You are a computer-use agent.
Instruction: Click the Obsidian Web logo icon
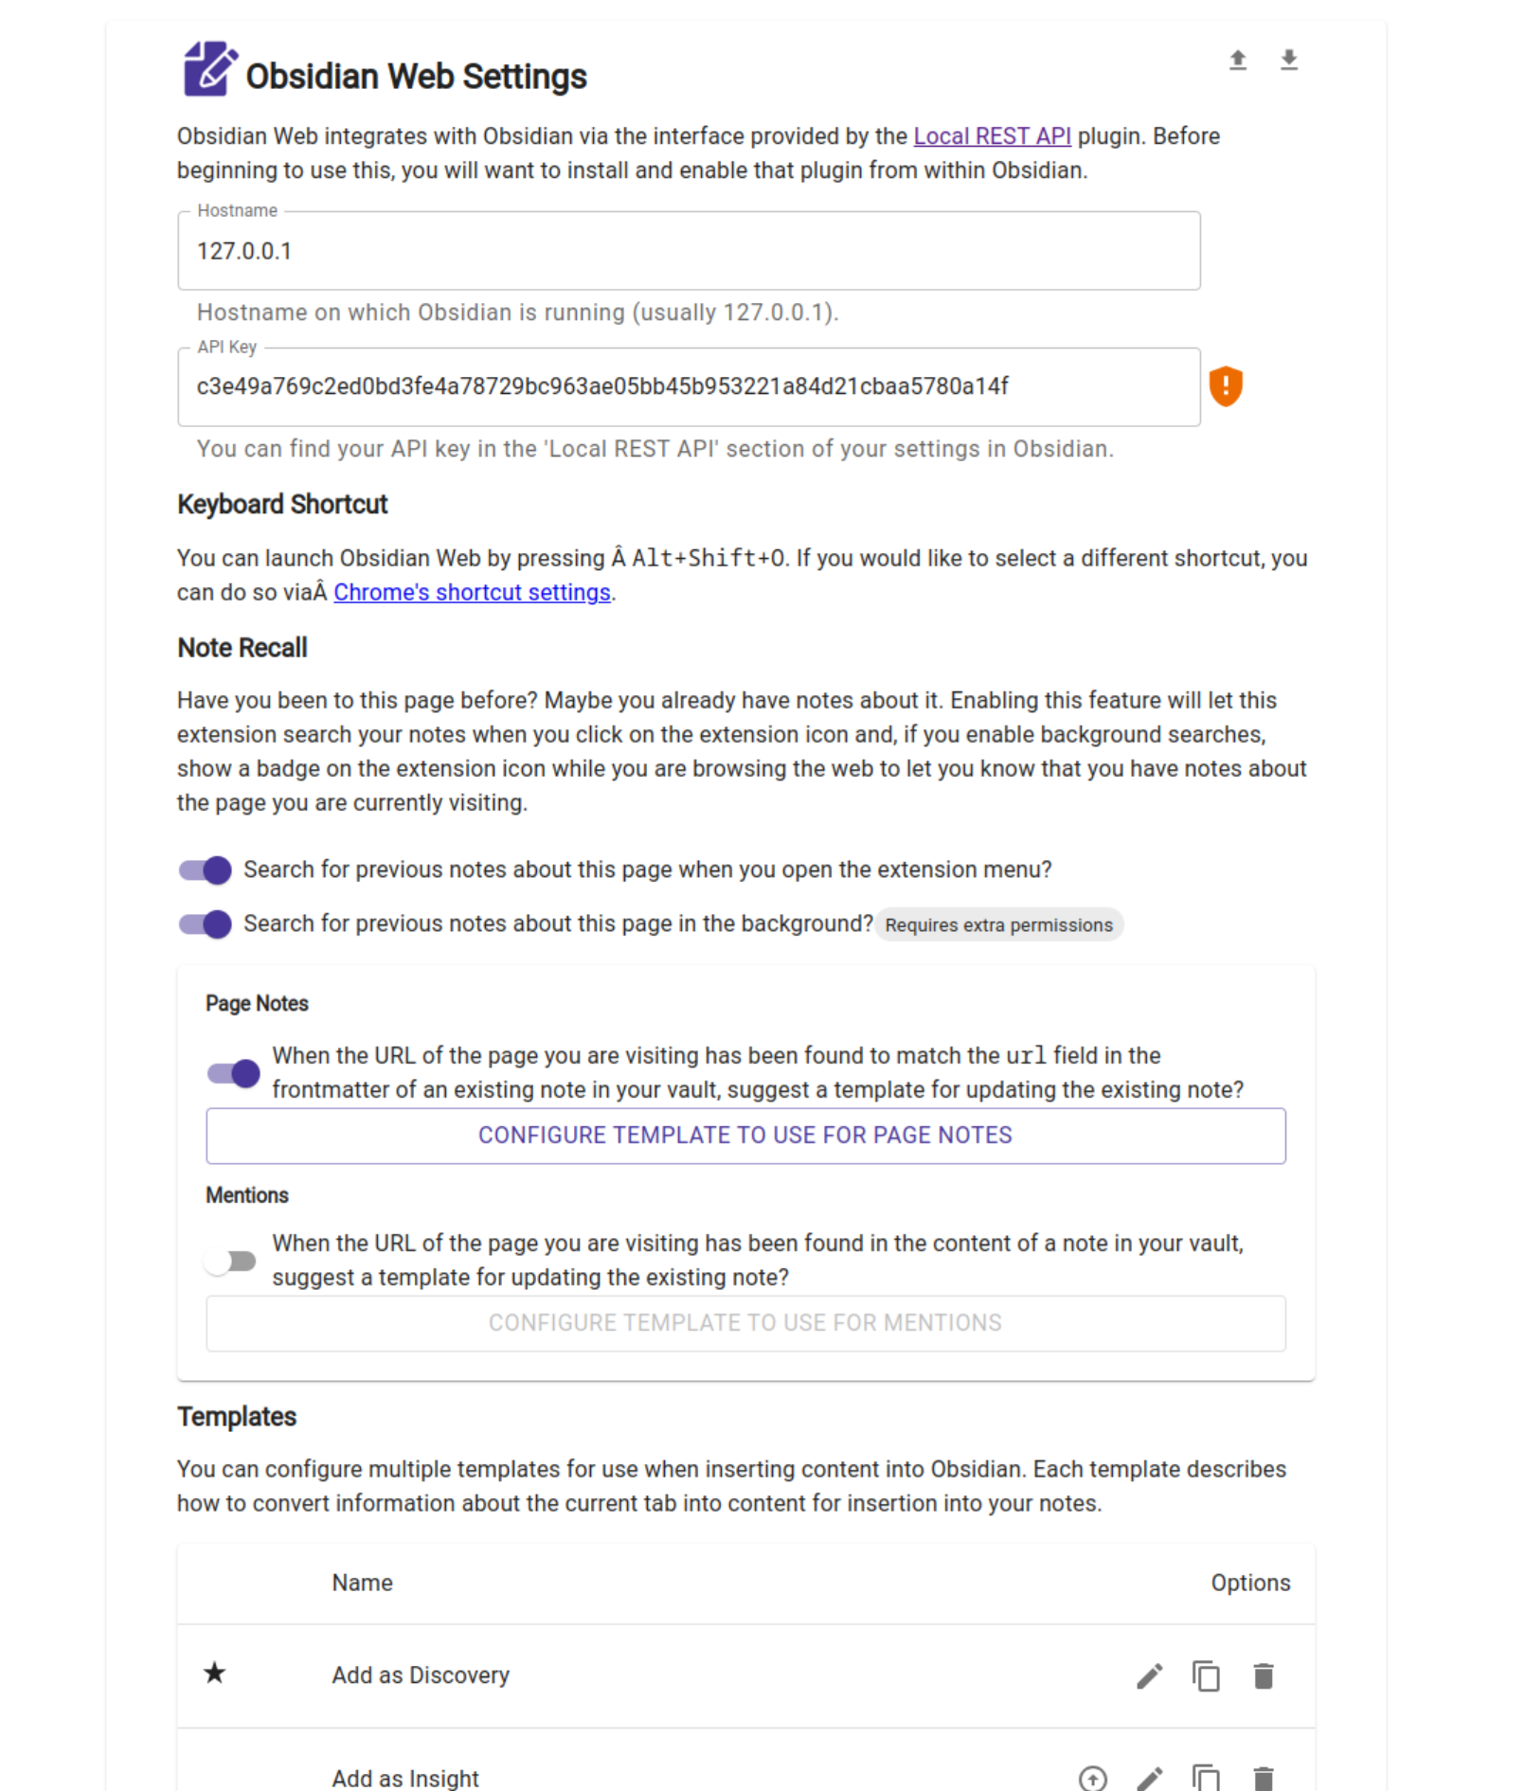coord(209,69)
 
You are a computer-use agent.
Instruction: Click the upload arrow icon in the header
coord(1237,61)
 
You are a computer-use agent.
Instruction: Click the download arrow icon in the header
coord(1288,61)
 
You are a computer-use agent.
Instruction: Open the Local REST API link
coord(991,136)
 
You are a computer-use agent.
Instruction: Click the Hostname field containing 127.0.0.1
coord(688,251)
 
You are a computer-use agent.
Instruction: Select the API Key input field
coord(688,386)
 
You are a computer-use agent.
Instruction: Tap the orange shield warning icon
coord(1225,386)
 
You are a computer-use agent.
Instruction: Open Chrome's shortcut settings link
coord(472,593)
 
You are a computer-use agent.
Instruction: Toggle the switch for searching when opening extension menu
coord(206,870)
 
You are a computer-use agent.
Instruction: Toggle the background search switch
coord(206,924)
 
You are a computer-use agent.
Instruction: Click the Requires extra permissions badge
coord(998,925)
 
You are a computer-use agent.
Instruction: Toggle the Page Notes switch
coord(234,1073)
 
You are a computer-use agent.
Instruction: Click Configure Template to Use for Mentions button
coord(745,1323)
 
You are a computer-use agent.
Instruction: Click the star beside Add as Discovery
coord(215,1674)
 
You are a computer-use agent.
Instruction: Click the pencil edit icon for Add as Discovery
coord(1149,1676)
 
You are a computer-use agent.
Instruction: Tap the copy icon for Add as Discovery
coord(1205,1676)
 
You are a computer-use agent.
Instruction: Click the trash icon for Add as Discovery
coord(1263,1676)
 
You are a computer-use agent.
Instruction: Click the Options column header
coord(1249,1584)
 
